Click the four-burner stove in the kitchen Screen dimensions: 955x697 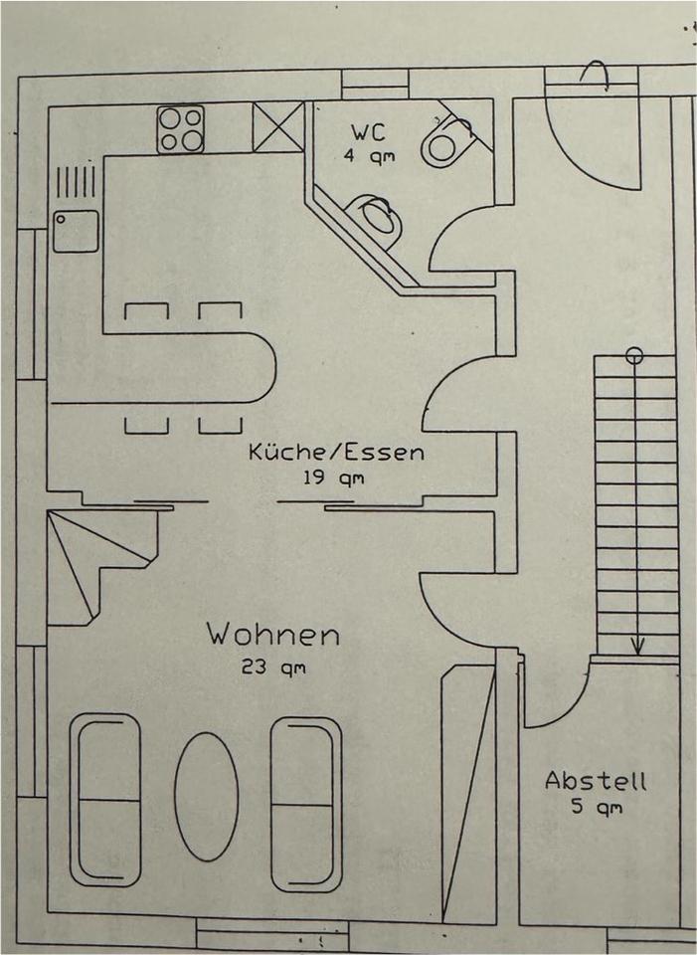coord(180,129)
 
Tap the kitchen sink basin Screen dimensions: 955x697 coord(76,231)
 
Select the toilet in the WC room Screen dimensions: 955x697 coord(446,140)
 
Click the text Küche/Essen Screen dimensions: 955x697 coord(336,453)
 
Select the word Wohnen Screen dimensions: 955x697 coord(272,634)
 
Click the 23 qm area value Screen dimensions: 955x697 coord(272,668)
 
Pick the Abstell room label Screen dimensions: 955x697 coord(595,781)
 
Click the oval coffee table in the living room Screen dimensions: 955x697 coord(206,797)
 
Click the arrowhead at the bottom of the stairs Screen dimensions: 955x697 coord(637,646)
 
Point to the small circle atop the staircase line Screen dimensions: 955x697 coord(634,353)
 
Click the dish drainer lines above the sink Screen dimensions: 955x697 coord(76,183)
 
